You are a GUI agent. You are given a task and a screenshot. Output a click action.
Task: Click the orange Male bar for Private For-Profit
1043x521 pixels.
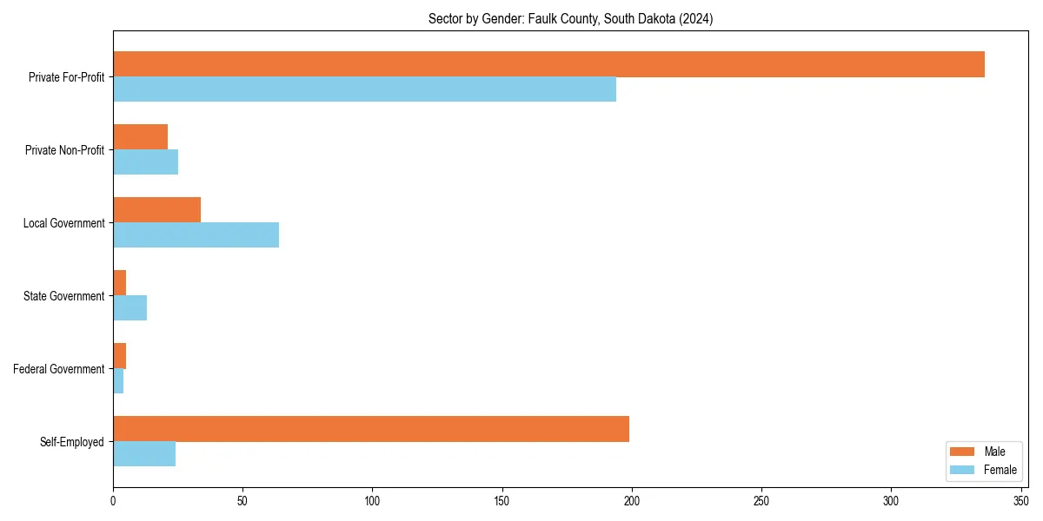tap(548, 64)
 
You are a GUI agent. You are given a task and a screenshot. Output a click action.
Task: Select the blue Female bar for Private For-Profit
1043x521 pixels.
tap(365, 89)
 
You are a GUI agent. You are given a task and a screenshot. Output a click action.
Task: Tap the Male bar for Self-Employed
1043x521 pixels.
tap(371, 429)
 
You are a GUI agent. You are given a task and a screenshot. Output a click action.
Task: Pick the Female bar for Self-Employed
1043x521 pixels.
tap(144, 454)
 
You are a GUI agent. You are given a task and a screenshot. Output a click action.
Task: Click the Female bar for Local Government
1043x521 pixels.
tap(196, 235)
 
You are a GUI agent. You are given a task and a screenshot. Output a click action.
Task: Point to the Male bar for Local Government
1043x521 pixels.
tap(156, 210)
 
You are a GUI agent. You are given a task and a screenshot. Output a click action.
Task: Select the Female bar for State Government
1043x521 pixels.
tap(130, 308)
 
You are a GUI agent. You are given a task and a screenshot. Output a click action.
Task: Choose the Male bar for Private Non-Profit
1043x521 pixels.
tap(140, 137)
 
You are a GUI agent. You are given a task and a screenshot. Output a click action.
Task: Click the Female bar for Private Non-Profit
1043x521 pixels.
tap(145, 162)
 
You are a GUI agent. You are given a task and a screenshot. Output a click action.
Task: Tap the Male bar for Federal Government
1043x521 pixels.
tap(119, 356)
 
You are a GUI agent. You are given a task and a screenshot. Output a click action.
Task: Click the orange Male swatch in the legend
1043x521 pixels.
tap(962, 452)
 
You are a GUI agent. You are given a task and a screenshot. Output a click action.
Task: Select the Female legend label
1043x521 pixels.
tap(1000, 470)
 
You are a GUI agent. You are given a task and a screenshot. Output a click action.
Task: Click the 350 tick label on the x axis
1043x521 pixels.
tap(1020, 501)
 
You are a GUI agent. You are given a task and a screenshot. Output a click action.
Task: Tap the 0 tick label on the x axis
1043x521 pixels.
tap(113, 501)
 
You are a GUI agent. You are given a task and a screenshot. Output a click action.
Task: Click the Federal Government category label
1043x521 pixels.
tap(59, 369)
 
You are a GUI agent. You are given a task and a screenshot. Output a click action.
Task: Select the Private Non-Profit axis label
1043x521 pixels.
tap(64, 150)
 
